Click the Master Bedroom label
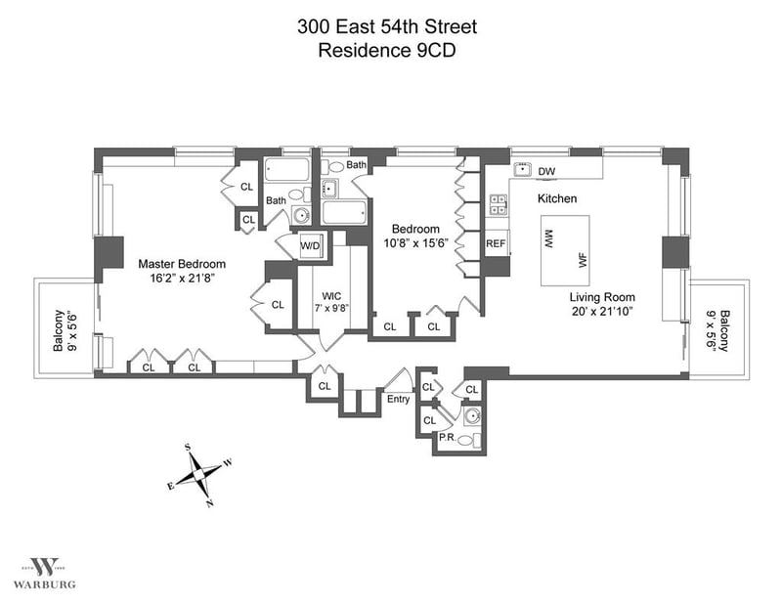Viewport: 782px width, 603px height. click(182, 264)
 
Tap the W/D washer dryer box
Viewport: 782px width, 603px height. click(310, 245)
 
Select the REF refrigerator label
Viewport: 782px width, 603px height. click(496, 244)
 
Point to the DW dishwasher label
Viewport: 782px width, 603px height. click(546, 172)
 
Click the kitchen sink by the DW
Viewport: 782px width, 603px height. click(522, 169)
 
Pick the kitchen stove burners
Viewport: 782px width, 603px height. click(498, 203)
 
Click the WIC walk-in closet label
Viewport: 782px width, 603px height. click(331, 297)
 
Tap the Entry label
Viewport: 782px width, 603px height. click(398, 399)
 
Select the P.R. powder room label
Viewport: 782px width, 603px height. click(447, 437)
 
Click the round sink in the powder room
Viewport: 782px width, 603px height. click(472, 415)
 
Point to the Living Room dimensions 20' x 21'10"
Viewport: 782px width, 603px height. click(602, 312)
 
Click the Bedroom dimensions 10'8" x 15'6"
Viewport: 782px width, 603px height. click(417, 243)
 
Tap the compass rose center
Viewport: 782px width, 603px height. click(198, 473)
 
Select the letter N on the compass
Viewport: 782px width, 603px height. click(210, 503)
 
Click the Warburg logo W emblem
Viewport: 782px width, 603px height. click(44, 567)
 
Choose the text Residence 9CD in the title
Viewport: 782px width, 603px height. click(387, 51)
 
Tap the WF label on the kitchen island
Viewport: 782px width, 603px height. click(583, 260)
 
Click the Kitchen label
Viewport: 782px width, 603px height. click(557, 198)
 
